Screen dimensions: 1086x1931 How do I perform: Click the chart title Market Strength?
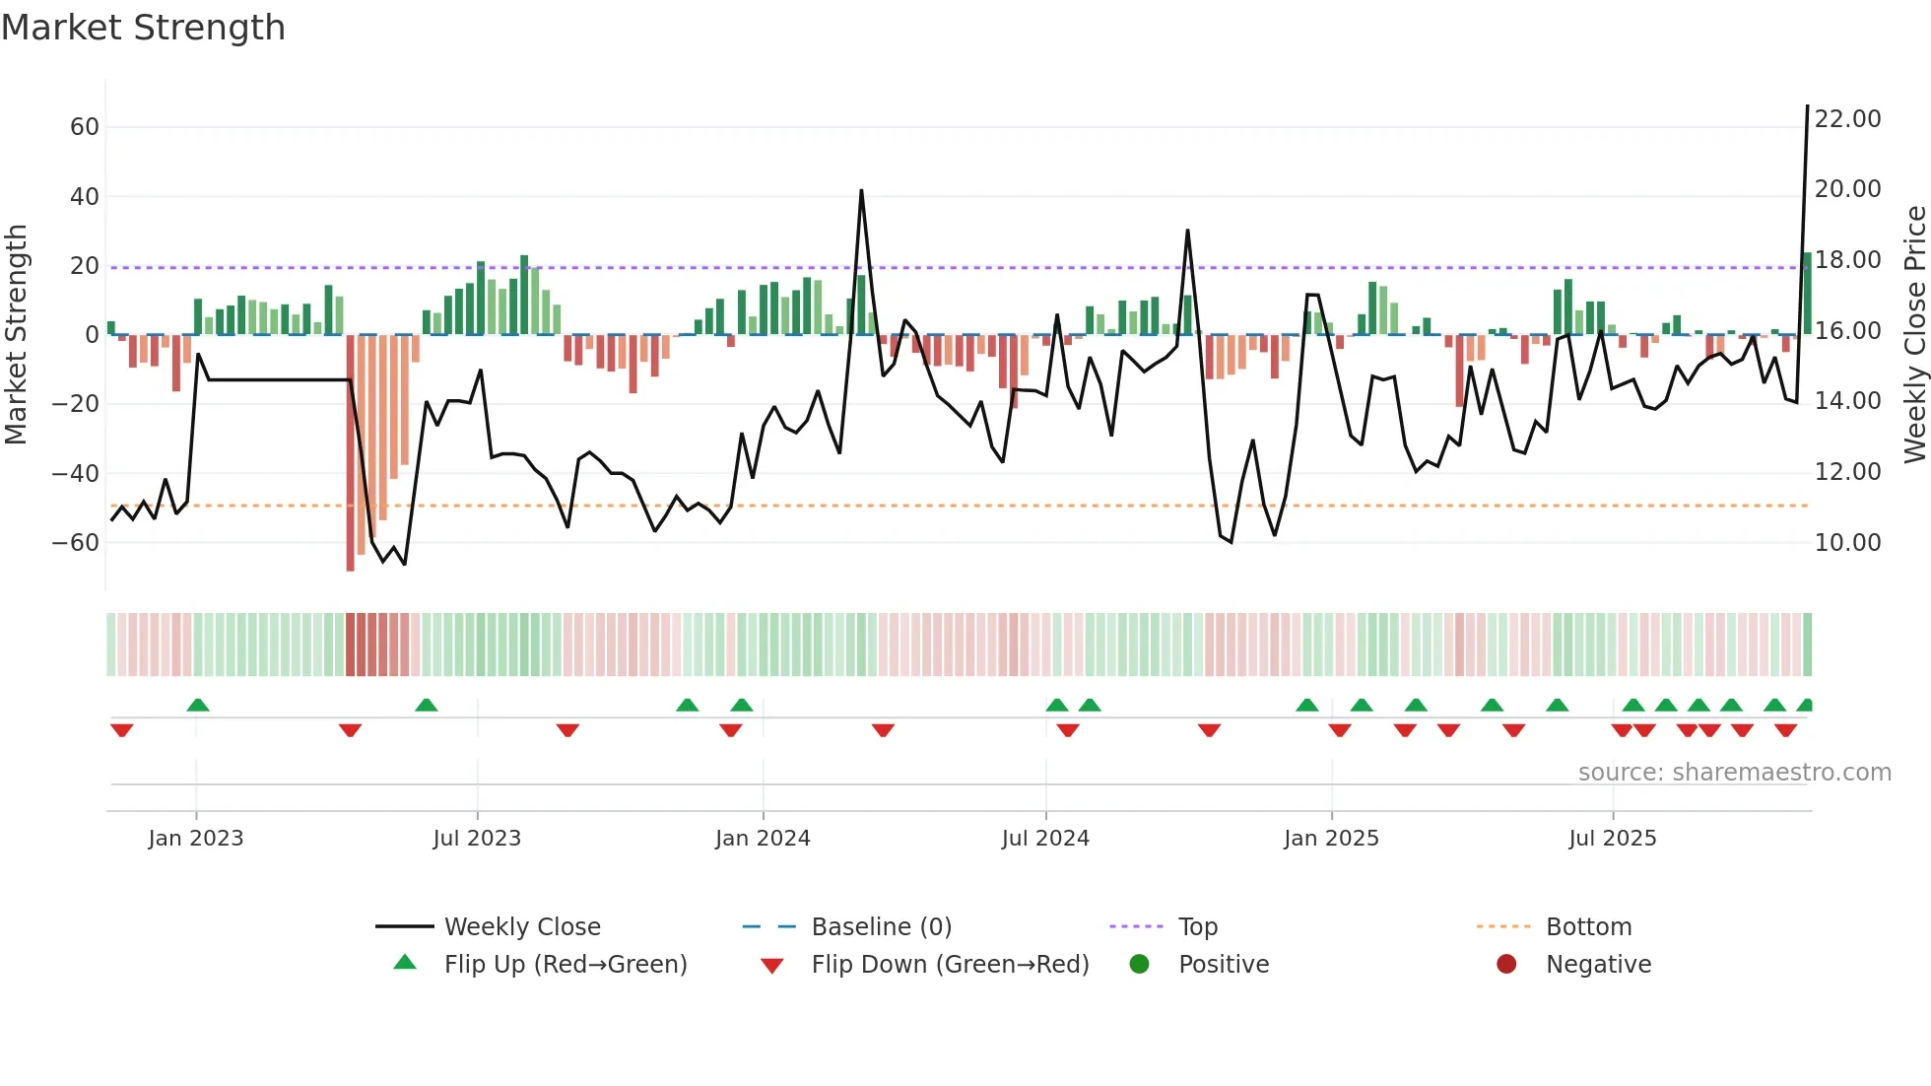pyautogui.click(x=143, y=28)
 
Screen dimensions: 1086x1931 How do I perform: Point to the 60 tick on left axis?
pyautogui.click(x=85, y=127)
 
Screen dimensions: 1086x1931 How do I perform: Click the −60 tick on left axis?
pyautogui.click(x=77, y=543)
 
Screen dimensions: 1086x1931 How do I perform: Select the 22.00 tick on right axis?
pyautogui.click(x=1847, y=119)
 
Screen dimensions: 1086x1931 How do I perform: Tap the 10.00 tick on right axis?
pyautogui.click(x=1847, y=543)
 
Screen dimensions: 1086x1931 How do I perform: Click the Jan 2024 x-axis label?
pyautogui.click(x=763, y=839)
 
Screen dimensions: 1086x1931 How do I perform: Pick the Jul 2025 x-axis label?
pyautogui.click(x=1612, y=839)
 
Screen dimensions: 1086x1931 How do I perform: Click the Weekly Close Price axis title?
pyautogui.click(x=1914, y=335)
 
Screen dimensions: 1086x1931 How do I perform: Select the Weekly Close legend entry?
pyautogui.click(x=521, y=927)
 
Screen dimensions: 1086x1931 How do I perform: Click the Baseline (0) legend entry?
pyautogui.click(x=881, y=927)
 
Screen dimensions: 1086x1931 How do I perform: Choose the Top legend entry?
pyautogui.click(x=1197, y=927)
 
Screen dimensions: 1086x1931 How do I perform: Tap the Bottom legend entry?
pyautogui.click(x=1588, y=927)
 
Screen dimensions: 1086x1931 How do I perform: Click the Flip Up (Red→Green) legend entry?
pyautogui.click(x=565, y=965)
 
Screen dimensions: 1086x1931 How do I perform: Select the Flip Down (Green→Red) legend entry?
pyautogui.click(x=950, y=965)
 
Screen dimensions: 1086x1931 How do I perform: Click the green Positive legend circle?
pyautogui.click(x=1139, y=964)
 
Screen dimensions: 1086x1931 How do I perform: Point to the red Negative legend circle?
pyautogui.click(x=1505, y=964)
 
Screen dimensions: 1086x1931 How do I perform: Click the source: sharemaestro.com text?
pyautogui.click(x=1734, y=773)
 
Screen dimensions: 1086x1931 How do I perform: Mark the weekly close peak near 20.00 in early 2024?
pyautogui.click(x=861, y=191)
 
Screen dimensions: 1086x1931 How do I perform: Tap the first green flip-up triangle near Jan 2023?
pyautogui.click(x=198, y=705)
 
